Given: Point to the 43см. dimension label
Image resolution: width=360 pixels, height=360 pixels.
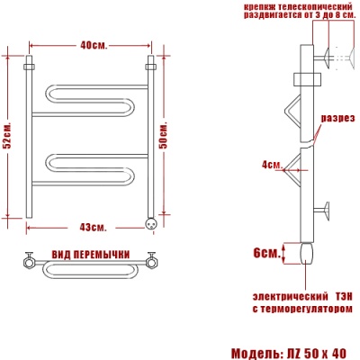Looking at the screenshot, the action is click(93, 228).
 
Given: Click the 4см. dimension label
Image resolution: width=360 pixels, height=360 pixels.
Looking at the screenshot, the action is click(272, 165).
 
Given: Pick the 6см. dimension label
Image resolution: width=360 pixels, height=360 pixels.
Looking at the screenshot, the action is click(267, 253).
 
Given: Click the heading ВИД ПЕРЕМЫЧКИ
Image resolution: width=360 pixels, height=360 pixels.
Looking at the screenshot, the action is click(91, 255).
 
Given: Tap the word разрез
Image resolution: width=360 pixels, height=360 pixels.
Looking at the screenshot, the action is click(338, 118).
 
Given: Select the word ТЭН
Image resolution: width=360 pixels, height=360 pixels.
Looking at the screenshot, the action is click(343, 296).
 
